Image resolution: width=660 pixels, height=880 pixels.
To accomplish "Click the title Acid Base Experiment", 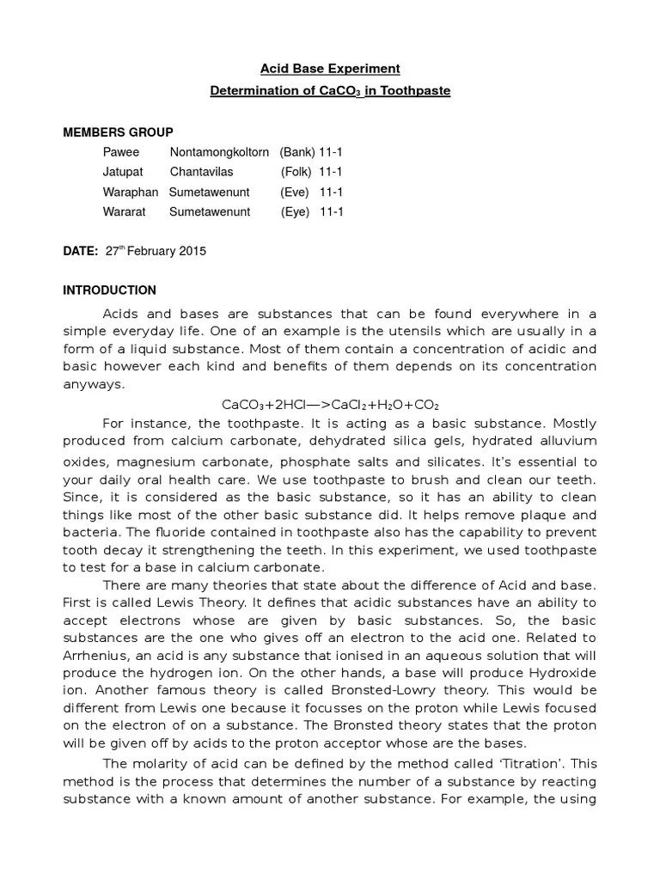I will point(331,69).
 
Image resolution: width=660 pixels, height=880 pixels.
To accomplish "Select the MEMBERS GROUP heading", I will point(118,132).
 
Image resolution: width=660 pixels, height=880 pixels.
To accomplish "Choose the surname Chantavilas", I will point(201,172).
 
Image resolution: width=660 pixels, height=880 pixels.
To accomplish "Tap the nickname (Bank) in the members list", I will point(297,152).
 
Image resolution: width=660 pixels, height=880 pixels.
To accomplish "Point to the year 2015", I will point(192,252).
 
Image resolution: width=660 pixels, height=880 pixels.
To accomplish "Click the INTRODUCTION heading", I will point(109,290).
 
